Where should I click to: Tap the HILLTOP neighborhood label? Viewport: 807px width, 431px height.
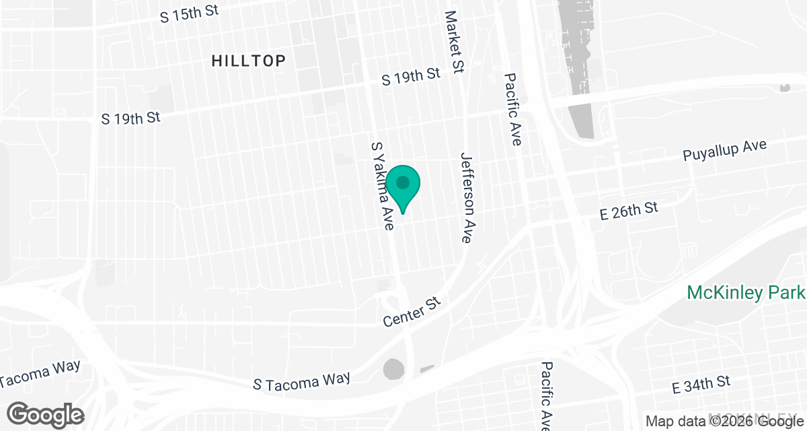click(248, 61)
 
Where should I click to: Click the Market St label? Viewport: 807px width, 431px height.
click(455, 41)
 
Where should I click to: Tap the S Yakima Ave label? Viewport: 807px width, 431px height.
click(382, 186)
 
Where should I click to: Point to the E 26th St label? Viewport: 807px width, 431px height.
click(629, 211)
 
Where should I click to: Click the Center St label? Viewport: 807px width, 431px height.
click(411, 312)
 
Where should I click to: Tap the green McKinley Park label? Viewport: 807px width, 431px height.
click(745, 293)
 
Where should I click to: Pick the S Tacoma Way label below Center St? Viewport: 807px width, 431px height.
click(301, 380)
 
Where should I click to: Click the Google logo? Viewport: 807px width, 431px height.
click(46, 414)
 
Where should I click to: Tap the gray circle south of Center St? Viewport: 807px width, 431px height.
click(394, 369)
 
